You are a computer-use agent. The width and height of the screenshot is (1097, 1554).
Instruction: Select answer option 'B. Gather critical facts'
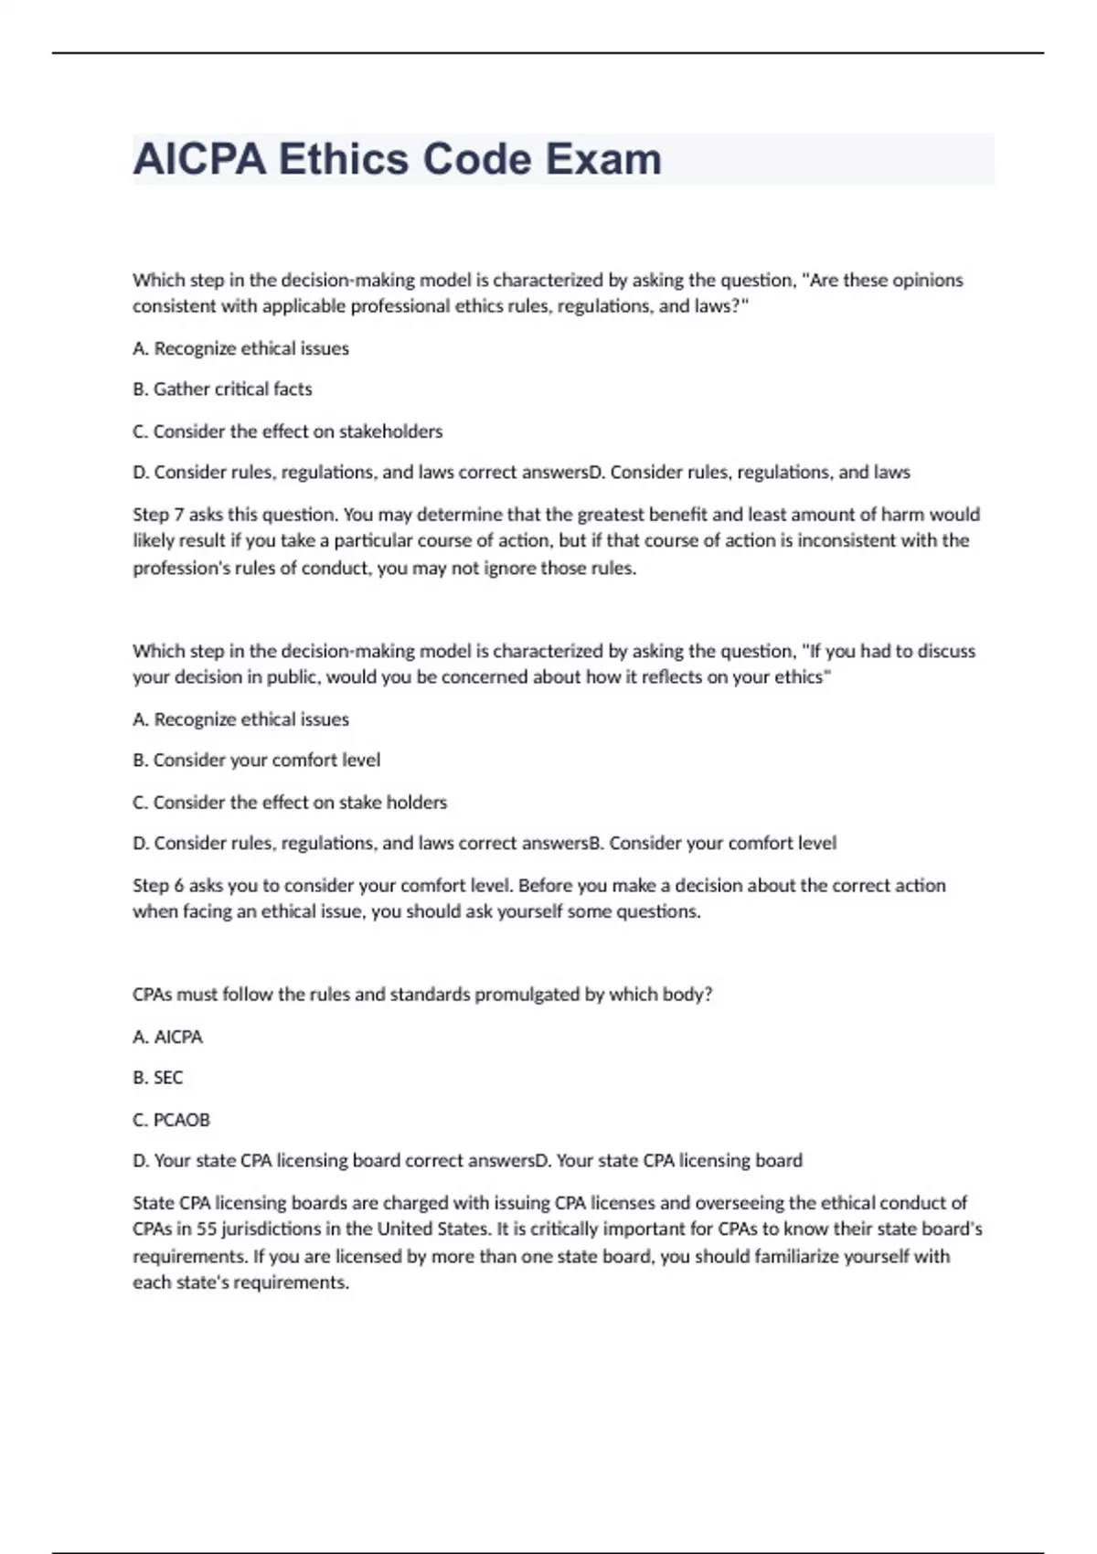click(x=222, y=389)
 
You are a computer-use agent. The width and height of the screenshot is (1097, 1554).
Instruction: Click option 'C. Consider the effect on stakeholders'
click(x=287, y=431)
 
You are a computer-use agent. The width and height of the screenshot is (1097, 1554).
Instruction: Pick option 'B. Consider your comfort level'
click(x=256, y=761)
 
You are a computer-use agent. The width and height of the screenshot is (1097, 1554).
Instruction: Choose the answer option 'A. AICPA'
click(x=167, y=1038)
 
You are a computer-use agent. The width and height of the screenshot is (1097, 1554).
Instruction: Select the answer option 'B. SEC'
click(x=157, y=1078)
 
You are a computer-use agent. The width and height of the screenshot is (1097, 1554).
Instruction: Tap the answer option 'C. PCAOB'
click(x=171, y=1120)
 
